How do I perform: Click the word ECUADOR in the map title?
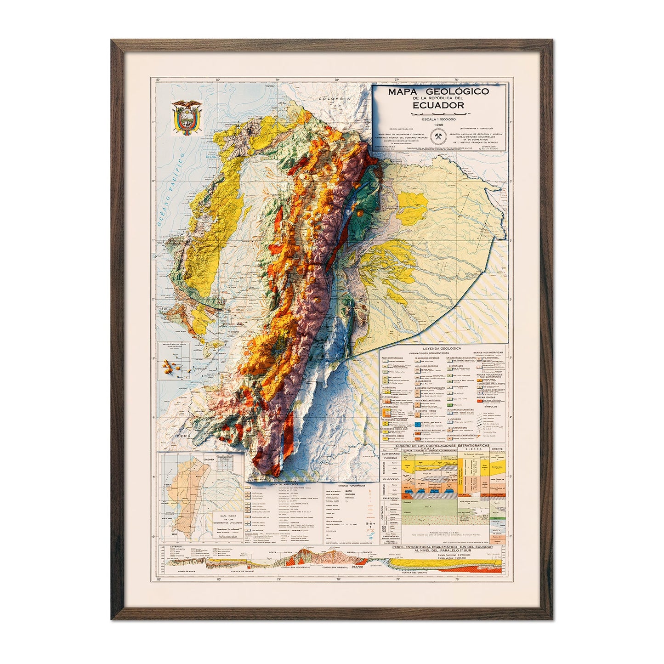(438, 105)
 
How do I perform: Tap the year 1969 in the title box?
(438, 124)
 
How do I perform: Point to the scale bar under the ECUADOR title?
(438, 113)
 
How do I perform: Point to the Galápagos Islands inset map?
(174, 366)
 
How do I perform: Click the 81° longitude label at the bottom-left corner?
(158, 579)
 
